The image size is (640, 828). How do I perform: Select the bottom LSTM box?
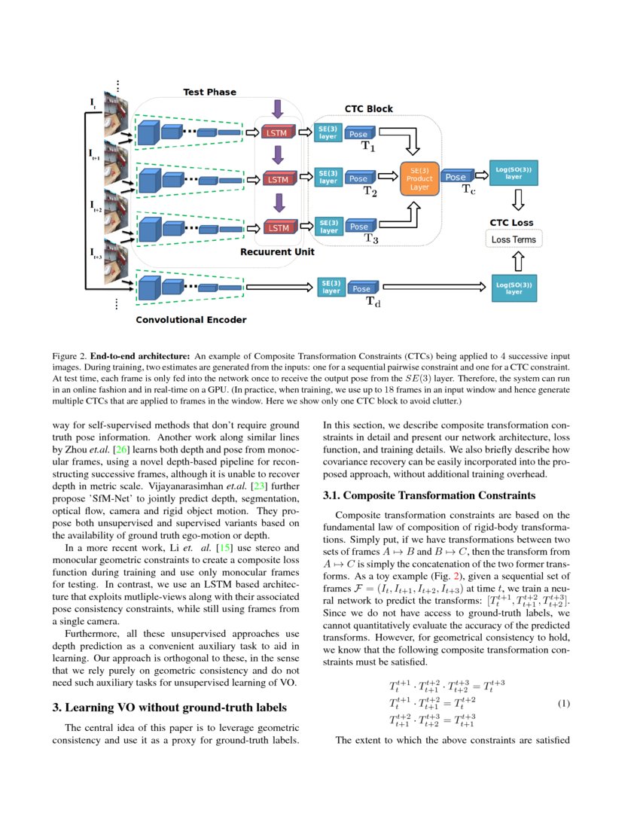click(279, 227)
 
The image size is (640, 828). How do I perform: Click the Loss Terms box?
click(514, 240)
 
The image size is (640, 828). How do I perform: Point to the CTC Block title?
click(368, 108)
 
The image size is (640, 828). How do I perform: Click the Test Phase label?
click(209, 92)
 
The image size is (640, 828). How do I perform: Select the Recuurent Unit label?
click(277, 252)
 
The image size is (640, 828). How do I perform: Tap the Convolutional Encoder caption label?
click(190, 319)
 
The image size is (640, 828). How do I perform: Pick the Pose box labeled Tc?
click(456, 177)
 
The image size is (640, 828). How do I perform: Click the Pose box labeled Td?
click(361, 288)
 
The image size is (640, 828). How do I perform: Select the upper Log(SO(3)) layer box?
click(514, 172)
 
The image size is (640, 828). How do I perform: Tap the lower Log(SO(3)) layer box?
click(514, 288)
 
